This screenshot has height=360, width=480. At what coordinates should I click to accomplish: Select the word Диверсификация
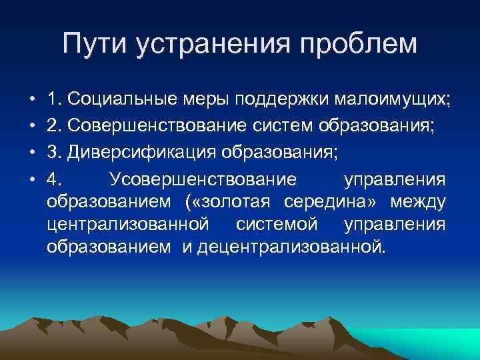(143, 151)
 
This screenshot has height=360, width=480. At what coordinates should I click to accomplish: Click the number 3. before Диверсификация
(54, 151)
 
